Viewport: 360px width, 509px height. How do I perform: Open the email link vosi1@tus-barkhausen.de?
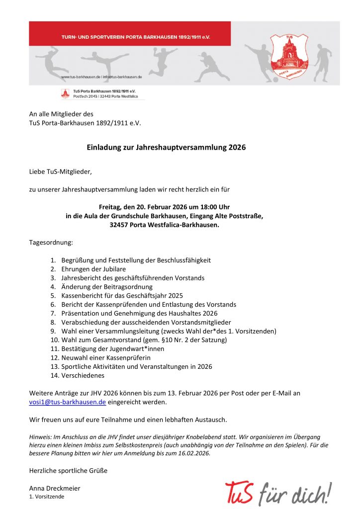[x=67, y=402]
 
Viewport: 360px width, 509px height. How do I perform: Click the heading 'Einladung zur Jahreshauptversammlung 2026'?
[x=166, y=148]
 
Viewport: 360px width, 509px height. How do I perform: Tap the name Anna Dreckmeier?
[x=55, y=488]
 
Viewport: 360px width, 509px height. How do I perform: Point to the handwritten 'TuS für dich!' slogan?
[x=278, y=493]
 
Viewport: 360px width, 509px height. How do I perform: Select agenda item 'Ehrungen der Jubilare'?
[x=93, y=269]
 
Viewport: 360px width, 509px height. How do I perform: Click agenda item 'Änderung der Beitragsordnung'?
[x=106, y=287]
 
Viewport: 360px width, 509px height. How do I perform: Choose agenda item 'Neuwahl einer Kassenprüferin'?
[x=105, y=357]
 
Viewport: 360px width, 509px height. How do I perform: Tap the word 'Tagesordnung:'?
[x=51, y=243]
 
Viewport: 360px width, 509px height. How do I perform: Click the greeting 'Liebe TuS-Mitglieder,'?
[x=61, y=171]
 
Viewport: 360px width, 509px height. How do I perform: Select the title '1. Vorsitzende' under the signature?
[x=47, y=497]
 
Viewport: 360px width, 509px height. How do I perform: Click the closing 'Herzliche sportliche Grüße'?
[x=68, y=470]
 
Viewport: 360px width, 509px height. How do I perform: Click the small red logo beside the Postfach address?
[x=65, y=93]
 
